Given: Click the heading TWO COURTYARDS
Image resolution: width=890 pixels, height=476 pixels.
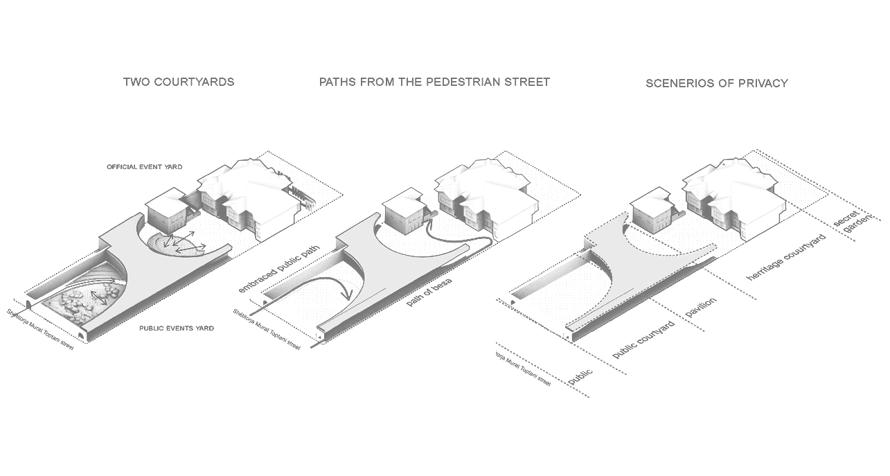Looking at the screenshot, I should (x=179, y=82).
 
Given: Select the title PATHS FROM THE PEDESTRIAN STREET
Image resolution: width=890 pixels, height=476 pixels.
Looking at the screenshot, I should (x=434, y=82).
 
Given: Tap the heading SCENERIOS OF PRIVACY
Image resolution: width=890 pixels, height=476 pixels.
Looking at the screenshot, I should (x=716, y=83).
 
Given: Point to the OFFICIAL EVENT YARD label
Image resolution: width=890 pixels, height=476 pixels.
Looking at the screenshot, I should (x=143, y=168).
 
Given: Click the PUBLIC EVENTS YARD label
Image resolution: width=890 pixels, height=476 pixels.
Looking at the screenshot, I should (x=176, y=328).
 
